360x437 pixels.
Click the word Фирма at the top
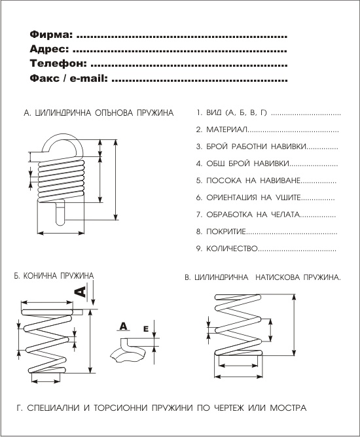(x=51, y=35)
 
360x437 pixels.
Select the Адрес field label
(x=49, y=49)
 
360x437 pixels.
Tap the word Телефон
(x=58, y=64)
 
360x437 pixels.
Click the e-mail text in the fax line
(x=88, y=79)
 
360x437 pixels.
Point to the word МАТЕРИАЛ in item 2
(x=226, y=130)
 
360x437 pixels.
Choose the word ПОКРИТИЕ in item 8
(x=226, y=232)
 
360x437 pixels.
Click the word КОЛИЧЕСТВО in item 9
(x=232, y=249)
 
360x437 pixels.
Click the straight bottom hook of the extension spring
(x=60, y=213)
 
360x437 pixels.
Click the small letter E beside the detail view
(x=146, y=329)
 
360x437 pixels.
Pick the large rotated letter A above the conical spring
(x=80, y=292)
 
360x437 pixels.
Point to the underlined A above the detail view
(x=123, y=326)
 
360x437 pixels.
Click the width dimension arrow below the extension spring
(x=60, y=233)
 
